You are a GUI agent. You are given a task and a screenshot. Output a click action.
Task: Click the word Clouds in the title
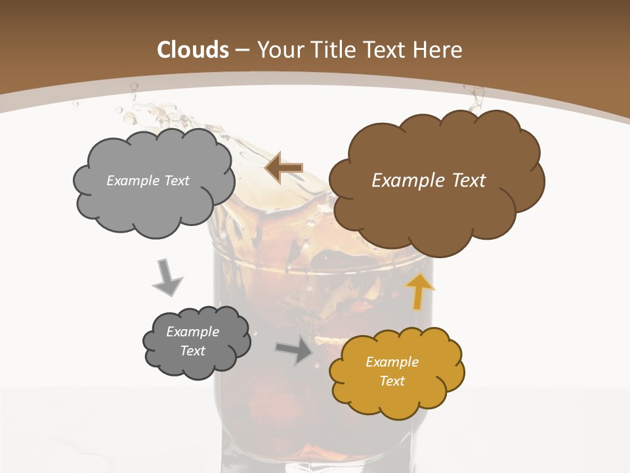pyautogui.click(x=193, y=50)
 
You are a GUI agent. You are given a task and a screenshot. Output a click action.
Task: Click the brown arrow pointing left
pyautogui.click(x=284, y=168)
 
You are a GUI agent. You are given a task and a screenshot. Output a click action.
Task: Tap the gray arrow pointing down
pyautogui.click(x=167, y=278)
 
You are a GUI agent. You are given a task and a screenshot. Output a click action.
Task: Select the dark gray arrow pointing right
pyautogui.click(x=295, y=351)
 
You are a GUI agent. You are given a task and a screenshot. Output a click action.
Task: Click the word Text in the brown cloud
pyautogui.click(x=469, y=181)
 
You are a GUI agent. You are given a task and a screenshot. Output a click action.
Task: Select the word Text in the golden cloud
pyautogui.click(x=392, y=381)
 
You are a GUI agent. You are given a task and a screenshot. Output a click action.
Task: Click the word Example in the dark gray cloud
pyautogui.click(x=192, y=332)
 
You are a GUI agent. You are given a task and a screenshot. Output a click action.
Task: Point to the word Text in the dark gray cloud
pyautogui.click(x=192, y=351)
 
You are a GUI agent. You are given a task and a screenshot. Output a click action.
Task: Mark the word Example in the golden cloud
pyautogui.click(x=392, y=362)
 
